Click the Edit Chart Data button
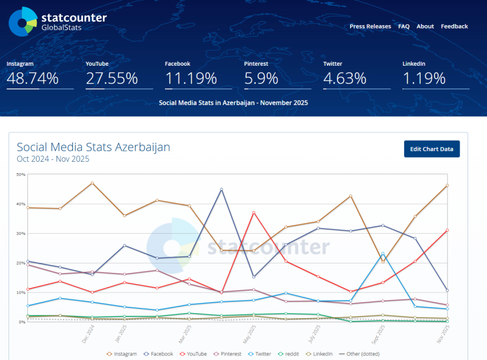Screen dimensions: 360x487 click(x=432, y=149)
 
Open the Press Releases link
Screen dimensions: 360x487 click(x=370, y=26)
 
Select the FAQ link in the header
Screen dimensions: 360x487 click(x=404, y=26)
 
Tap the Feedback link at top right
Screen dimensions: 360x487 click(x=454, y=26)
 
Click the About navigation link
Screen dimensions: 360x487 click(x=425, y=26)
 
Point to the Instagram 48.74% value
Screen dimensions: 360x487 click(x=33, y=78)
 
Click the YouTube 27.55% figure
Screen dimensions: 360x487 click(x=112, y=78)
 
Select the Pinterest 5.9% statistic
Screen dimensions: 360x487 click(x=261, y=78)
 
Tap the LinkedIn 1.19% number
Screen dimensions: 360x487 click(x=424, y=78)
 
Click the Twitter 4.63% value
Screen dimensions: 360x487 click(x=344, y=78)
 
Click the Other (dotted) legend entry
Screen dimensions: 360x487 click(x=359, y=354)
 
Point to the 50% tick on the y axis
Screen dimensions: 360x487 click(x=21, y=174)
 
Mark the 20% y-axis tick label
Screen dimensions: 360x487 click(x=21, y=263)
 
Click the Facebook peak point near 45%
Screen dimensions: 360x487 click(x=222, y=189)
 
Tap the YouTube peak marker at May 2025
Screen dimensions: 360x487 click(x=253, y=213)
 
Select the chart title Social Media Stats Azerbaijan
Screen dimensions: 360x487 click(x=93, y=147)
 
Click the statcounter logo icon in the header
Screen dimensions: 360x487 click(x=23, y=22)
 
